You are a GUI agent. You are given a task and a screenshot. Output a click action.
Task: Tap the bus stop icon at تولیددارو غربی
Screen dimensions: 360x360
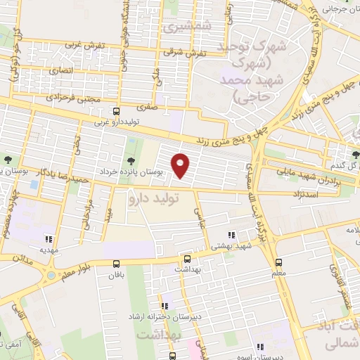(x=117, y=110)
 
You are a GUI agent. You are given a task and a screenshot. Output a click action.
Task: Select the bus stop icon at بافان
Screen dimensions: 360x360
(x=117, y=264)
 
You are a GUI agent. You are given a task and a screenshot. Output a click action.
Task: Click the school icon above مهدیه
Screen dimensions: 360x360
(x=47, y=237)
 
